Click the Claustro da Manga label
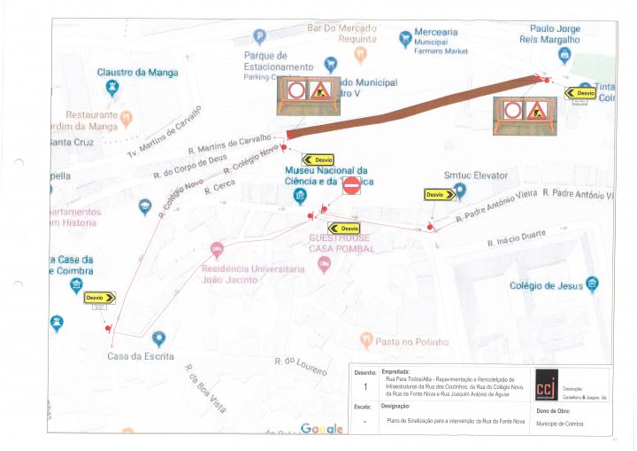(x=137, y=72)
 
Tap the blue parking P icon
(x=259, y=36)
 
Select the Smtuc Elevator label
(x=475, y=175)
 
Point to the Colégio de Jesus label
(x=547, y=285)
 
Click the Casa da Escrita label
(x=136, y=356)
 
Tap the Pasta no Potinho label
(x=411, y=341)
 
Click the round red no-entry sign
(x=351, y=185)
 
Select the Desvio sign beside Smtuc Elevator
(x=440, y=194)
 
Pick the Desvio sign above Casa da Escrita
(x=100, y=298)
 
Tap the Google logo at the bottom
(x=321, y=429)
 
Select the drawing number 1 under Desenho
(x=365, y=387)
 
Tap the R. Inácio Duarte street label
(x=516, y=237)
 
